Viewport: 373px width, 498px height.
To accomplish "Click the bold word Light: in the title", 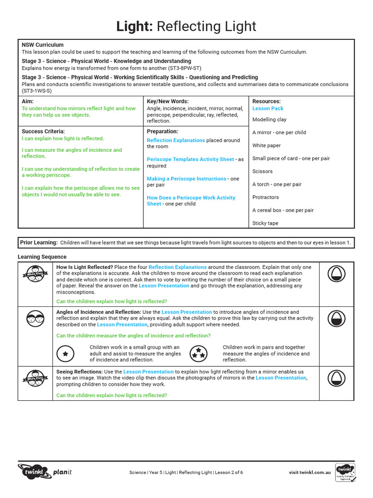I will [135, 26].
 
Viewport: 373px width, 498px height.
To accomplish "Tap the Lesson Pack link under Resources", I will [268, 108].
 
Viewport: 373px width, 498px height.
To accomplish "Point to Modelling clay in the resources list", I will [269, 120].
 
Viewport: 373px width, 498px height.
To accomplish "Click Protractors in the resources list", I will [265, 197].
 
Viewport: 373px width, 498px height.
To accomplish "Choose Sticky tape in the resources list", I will [265, 223].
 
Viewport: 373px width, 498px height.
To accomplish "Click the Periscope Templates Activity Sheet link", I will [190, 160].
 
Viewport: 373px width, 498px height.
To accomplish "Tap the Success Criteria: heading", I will [43, 131].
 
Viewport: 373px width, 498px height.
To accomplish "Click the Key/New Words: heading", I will [168, 102].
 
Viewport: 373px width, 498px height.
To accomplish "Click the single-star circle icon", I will [66, 354].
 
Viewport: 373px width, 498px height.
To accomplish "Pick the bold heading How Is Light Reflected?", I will [85, 267].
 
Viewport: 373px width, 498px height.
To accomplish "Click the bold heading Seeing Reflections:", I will [79, 372].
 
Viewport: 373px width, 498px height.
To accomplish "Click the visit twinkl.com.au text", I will [310, 472].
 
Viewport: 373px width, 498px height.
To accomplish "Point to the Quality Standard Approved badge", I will [345, 473].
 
